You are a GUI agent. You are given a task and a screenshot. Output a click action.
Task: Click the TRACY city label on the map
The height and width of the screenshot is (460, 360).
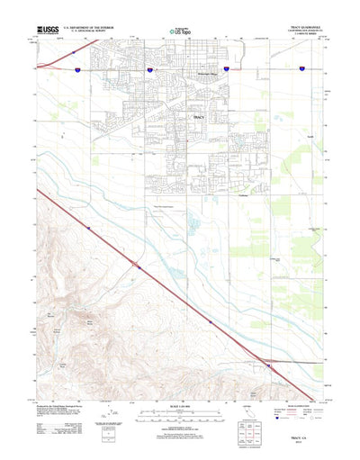(199, 117)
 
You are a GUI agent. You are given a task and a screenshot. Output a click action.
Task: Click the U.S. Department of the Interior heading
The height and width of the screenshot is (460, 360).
(89, 27)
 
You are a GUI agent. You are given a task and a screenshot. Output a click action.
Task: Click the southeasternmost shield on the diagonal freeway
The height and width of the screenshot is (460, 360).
(268, 364)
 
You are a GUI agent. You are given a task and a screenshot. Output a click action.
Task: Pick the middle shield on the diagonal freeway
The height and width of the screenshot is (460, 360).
(211, 320)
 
